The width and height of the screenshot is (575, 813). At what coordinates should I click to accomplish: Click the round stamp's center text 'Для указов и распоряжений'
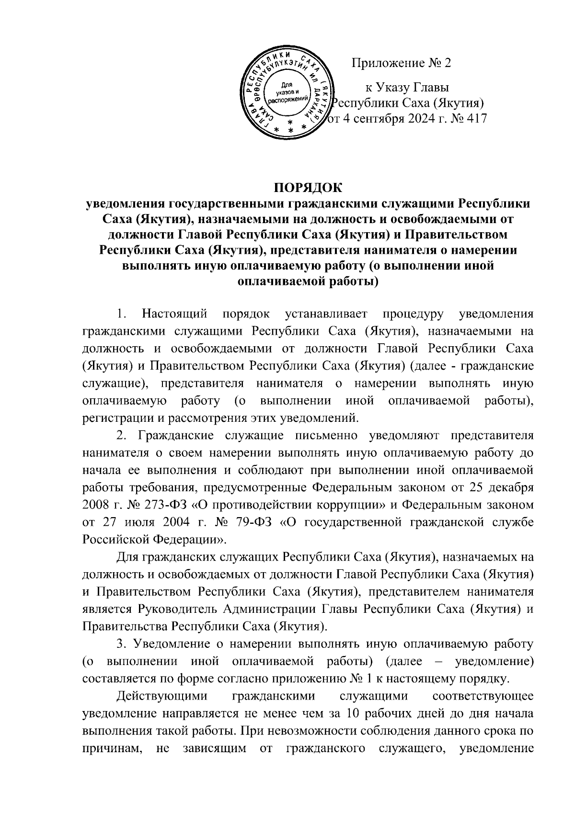[x=287, y=91]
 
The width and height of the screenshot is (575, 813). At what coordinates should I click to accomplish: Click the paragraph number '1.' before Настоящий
[x=122, y=315]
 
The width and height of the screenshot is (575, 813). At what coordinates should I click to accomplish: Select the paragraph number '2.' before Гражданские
[x=122, y=436]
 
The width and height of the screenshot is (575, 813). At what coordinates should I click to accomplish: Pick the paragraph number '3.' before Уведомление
[x=122, y=644]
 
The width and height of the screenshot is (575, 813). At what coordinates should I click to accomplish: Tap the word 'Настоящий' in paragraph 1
[x=175, y=315]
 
